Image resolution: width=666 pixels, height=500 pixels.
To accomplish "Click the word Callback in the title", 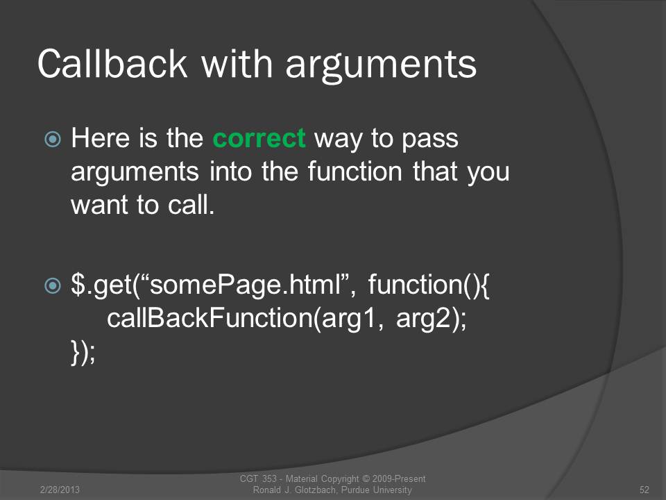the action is (x=112, y=64).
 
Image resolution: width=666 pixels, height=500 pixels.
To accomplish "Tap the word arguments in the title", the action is (x=381, y=67).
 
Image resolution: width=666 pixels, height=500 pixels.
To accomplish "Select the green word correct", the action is (x=259, y=139).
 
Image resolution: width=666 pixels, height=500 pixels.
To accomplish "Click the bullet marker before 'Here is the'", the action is (x=53, y=139).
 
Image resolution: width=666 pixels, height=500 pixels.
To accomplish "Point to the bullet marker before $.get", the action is (x=53, y=285).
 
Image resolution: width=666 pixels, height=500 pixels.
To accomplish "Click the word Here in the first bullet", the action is (x=100, y=137).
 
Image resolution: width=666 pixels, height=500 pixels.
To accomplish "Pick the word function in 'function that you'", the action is (x=355, y=171).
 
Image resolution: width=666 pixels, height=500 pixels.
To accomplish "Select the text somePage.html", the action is (x=246, y=285).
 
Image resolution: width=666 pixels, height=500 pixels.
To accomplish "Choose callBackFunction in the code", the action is (x=210, y=318).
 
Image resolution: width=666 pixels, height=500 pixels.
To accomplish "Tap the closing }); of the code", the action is (x=83, y=353).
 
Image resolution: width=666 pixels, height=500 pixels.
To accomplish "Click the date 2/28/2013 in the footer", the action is (x=60, y=490).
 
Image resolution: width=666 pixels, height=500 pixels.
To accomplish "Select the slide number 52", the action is (x=644, y=490).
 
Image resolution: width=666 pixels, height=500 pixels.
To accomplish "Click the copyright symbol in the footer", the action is (x=366, y=478).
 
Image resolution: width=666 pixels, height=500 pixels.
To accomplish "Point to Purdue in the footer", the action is (x=355, y=490).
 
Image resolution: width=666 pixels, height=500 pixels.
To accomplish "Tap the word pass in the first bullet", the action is (x=430, y=140).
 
